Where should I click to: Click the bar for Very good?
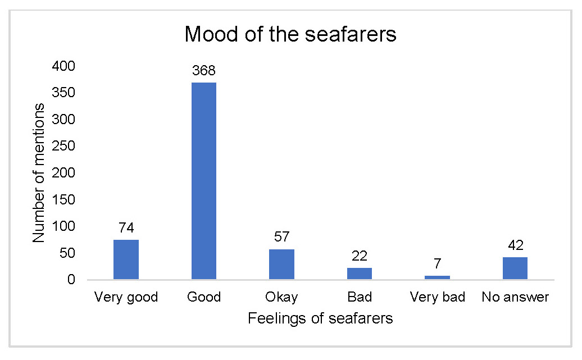(x=126, y=259)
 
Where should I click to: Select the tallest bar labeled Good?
(x=204, y=181)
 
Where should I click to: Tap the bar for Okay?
(x=281, y=264)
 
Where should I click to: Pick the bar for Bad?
(x=360, y=274)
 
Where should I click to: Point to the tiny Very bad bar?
(x=437, y=277)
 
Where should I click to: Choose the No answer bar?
(x=515, y=268)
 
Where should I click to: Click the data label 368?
(x=204, y=71)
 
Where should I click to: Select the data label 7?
(x=437, y=264)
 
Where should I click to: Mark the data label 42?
(x=515, y=245)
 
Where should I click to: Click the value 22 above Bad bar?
(x=360, y=256)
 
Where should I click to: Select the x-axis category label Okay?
(x=281, y=297)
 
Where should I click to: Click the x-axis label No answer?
(x=515, y=297)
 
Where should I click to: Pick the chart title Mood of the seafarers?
(x=290, y=34)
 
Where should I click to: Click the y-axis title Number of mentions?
(x=38, y=172)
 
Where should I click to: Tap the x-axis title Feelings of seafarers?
(x=320, y=319)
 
